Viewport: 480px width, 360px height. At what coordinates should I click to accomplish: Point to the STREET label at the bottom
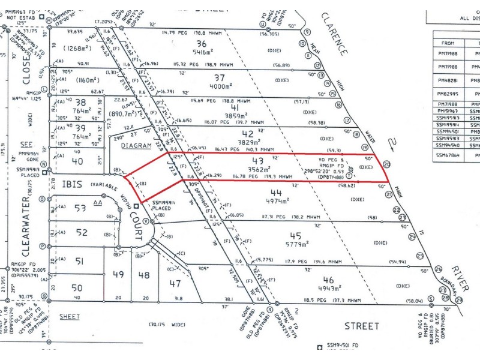362,326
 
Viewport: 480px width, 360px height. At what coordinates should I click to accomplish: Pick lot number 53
80,208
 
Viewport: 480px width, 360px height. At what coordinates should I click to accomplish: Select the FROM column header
447,43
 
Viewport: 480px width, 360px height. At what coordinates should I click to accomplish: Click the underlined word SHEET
70,317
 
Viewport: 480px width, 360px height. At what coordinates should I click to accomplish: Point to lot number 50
77,288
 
